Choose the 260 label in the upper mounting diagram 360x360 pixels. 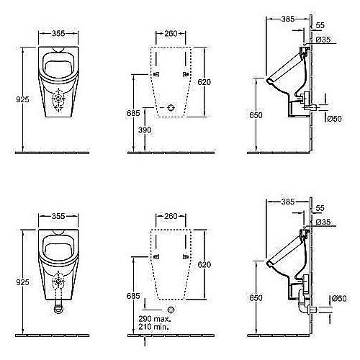[171, 32]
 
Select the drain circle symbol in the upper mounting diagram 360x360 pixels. [171, 107]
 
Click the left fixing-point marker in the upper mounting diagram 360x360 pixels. [156, 75]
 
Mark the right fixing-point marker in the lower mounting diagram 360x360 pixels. [186, 256]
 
